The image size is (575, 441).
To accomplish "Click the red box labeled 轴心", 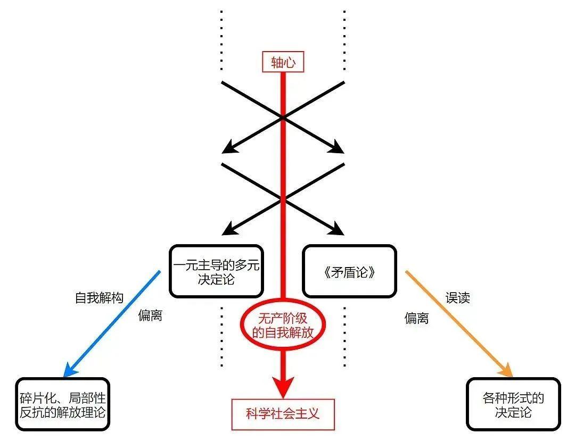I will [283, 62].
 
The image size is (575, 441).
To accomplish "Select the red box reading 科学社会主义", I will [283, 413].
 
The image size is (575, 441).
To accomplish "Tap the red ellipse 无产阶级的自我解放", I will [282, 326].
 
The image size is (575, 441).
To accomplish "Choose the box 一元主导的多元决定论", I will [216, 271].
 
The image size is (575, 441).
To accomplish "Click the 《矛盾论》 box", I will [349, 271].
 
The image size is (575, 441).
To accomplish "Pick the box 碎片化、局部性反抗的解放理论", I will [62, 404].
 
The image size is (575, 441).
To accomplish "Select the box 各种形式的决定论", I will [513, 404].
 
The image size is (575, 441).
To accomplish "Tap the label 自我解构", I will [99, 298].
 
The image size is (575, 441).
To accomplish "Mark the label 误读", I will [458, 298].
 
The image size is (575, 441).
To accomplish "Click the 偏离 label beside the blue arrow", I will [150, 315].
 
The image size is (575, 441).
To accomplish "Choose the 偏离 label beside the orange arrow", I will [416, 318].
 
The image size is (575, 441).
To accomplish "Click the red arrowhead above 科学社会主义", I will [283, 384].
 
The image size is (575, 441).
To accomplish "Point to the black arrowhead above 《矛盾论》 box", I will [338, 230].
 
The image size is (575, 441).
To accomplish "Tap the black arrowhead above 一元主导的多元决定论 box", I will [228, 230].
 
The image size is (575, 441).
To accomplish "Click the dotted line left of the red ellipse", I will [221, 335].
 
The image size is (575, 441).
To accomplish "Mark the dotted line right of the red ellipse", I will [344, 335].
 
